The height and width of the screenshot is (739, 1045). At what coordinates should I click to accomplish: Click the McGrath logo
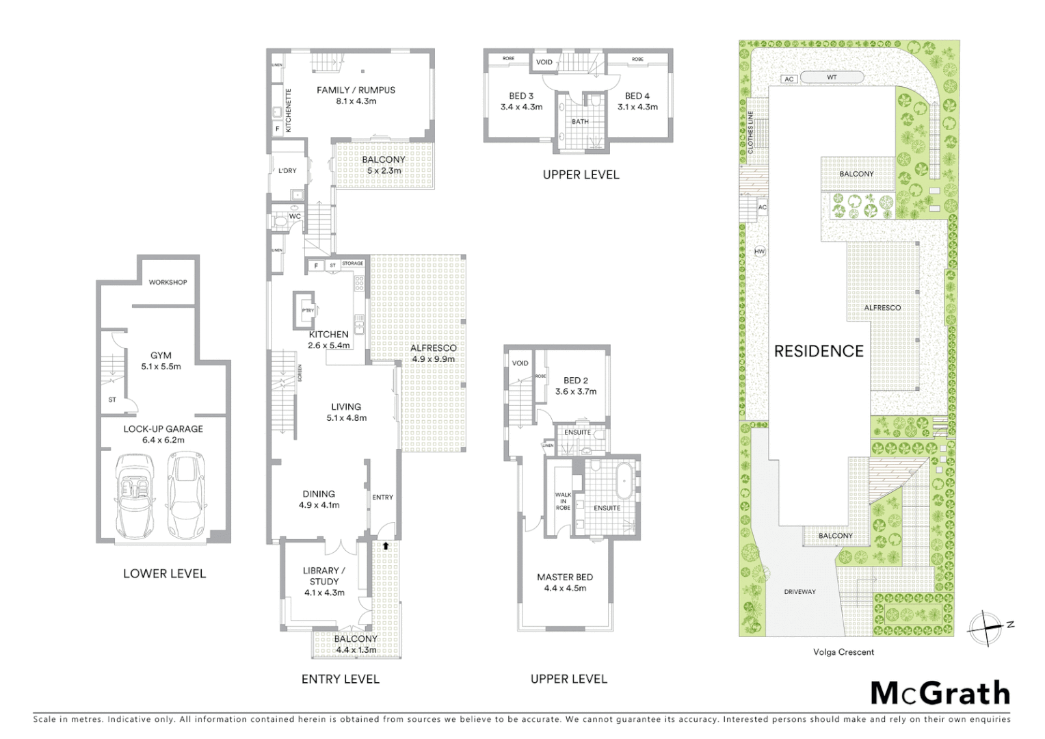tap(940, 693)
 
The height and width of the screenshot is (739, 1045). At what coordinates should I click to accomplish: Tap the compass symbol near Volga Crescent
tap(986, 627)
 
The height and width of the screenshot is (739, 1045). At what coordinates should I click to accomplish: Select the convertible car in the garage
tap(135, 495)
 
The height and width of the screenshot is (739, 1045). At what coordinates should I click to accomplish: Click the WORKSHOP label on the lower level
tap(168, 282)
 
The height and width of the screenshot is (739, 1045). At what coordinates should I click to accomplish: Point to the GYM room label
tap(161, 356)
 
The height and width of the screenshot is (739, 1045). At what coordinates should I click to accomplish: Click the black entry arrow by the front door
tap(386, 545)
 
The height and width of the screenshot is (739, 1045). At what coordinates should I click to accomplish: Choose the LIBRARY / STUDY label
tap(324, 576)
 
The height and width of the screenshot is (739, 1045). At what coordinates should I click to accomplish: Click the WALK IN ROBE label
tap(563, 501)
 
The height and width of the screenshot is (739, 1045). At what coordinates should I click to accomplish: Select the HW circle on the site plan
tap(759, 251)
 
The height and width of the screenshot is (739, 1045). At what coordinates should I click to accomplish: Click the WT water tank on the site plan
tap(832, 77)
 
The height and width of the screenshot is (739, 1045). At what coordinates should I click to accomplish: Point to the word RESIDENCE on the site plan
tap(819, 351)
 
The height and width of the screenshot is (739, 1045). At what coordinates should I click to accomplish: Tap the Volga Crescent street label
tap(843, 652)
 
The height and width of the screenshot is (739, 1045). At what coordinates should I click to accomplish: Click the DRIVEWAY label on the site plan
tap(799, 592)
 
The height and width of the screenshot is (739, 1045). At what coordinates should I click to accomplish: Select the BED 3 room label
tap(521, 96)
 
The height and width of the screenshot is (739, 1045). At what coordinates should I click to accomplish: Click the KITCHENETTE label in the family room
tap(289, 110)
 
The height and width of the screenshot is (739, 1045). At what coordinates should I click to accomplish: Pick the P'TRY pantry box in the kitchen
tap(308, 311)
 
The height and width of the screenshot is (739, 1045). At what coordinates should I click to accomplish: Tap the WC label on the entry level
tap(295, 216)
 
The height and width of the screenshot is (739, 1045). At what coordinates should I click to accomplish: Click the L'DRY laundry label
tap(287, 170)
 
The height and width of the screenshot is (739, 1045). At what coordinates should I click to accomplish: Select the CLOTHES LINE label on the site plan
tap(750, 132)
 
